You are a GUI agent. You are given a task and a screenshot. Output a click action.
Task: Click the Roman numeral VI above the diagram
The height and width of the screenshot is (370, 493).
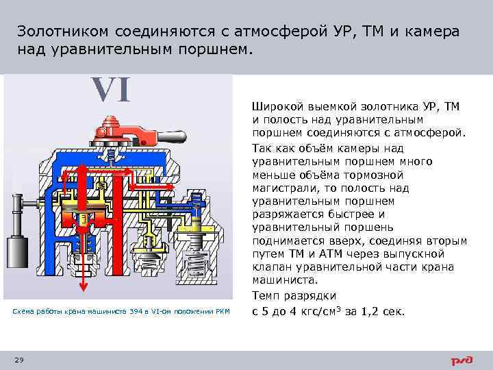[x=112, y=90]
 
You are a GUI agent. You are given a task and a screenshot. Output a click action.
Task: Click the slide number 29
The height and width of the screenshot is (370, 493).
[x=19, y=360]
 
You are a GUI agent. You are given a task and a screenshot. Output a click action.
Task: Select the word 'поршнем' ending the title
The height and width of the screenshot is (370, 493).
[x=218, y=50]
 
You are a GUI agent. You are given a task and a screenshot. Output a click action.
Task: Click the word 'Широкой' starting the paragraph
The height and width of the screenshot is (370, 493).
[x=277, y=107]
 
